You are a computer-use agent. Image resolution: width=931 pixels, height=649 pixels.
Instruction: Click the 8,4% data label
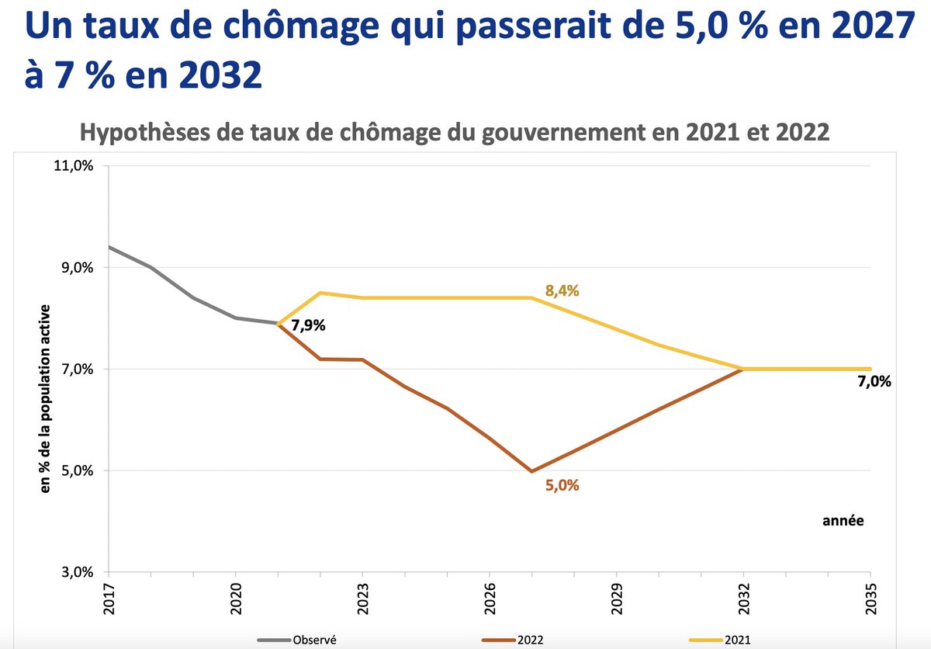click(562, 291)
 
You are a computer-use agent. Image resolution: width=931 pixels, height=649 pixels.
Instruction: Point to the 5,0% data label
click(562, 487)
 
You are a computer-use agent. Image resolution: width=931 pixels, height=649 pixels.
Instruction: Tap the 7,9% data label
click(308, 325)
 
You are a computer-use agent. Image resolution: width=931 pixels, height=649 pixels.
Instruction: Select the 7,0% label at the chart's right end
click(875, 381)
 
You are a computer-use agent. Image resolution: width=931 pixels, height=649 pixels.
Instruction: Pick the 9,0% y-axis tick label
click(77, 268)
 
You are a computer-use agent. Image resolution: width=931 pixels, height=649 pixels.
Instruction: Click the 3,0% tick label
click(77, 573)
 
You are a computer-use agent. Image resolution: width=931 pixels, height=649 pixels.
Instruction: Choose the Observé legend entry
click(313, 640)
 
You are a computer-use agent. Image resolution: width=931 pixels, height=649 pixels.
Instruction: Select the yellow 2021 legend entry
click(738, 640)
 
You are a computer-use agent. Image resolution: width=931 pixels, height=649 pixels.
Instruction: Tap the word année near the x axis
click(843, 521)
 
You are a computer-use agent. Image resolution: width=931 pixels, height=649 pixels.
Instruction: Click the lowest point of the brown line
click(531, 471)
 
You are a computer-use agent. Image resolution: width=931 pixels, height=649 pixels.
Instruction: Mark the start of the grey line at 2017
click(109, 247)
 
